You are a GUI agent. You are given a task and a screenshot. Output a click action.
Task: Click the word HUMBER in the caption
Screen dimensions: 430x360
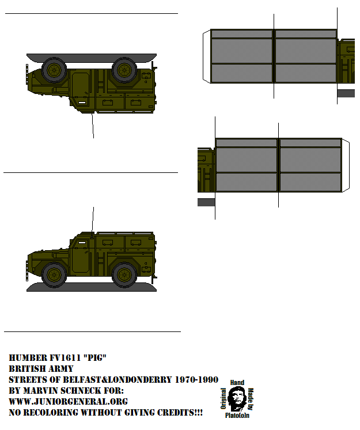pos(26,358)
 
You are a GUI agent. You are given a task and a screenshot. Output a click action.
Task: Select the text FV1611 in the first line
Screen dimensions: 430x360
pos(66,358)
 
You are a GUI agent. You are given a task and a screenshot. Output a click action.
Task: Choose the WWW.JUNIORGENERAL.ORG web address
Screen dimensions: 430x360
pos(68,402)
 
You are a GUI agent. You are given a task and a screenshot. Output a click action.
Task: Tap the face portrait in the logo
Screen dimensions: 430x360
pos(236,398)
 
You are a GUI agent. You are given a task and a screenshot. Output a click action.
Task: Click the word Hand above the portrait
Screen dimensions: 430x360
pos(237,383)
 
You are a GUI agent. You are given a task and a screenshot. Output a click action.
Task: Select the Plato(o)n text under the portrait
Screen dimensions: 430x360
pos(237,415)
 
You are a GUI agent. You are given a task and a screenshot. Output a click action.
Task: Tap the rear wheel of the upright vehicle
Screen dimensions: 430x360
pos(124,274)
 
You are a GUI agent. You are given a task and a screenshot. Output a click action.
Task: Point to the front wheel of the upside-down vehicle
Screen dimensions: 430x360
pos(54,70)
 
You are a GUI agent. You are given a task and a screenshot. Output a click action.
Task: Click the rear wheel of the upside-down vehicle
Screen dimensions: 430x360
pos(124,70)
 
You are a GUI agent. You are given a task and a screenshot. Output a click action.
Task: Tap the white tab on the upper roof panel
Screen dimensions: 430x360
pos(207,56)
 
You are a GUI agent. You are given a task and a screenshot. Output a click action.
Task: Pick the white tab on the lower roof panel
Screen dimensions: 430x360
pos(346,165)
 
